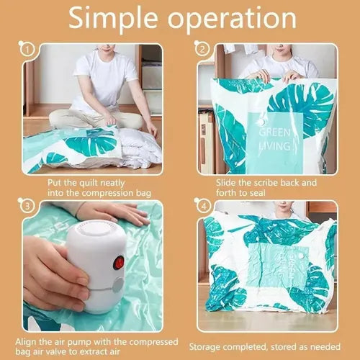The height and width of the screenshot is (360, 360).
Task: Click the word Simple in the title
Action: tap(113, 18)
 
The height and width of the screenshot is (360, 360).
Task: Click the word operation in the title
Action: tap(232, 19)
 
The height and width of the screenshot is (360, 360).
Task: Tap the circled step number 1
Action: tap(27, 50)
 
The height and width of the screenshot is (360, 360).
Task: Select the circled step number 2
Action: tap(202, 50)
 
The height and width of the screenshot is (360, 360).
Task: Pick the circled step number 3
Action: tap(27, 207)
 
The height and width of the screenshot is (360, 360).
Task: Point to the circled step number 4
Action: tap(204, 207)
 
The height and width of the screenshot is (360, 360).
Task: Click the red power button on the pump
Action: tap(120, 262)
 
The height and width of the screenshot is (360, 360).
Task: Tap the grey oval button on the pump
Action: tap(118, 284)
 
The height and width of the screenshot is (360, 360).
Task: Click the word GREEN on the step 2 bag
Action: tap(275, 132)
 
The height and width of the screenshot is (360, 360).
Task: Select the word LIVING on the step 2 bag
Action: tap(275, 146)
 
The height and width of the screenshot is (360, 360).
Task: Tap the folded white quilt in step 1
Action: tap(139, 146)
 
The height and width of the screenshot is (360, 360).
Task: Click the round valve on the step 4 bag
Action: tap(302, 256)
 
